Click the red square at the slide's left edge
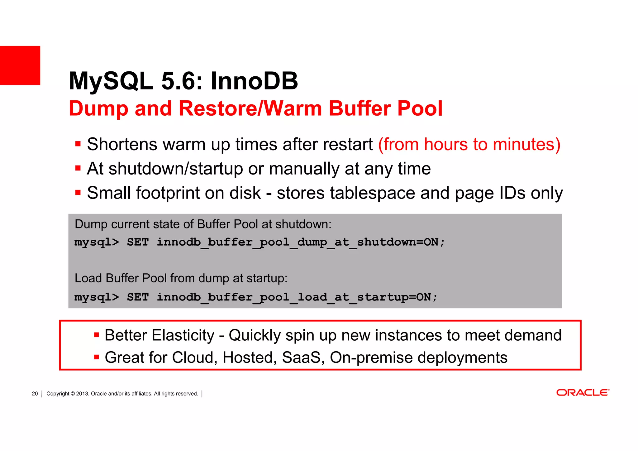[x=20, y=65]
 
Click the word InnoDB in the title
[x=254, y=81]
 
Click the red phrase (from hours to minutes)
[x=469, y=145]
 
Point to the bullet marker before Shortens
[x=78, y=144]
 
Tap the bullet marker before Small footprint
[x=78, y=193]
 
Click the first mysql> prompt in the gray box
[x=97, y=242]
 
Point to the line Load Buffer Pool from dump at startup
[x=181, y=278]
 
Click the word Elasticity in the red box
[x=183, y=335]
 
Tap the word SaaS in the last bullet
[x=301, y=357]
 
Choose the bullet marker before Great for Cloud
[x=96, y=357]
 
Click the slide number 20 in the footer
[x=35, y=394]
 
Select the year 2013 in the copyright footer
[x=82, y=394]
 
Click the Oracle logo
[x=583, y=393]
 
